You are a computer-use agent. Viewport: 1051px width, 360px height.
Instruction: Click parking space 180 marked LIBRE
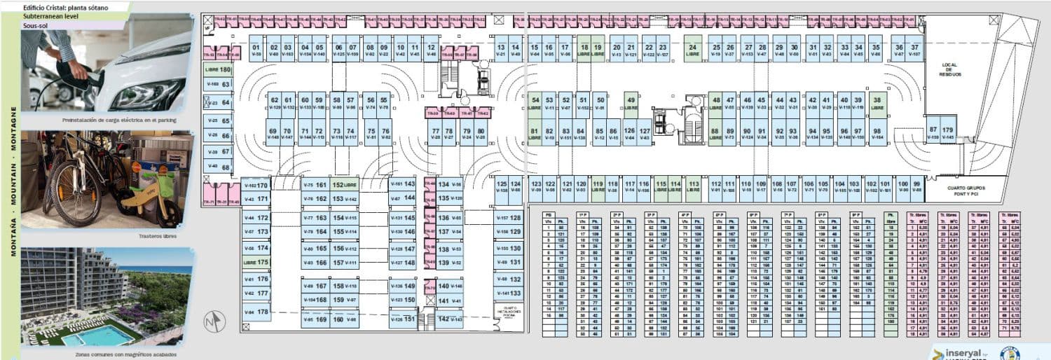[x=218, y=70]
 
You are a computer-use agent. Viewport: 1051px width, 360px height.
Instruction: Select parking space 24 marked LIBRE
[x=693, y=48]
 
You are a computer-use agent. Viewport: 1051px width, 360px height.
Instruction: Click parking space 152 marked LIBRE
[x=345, y=185]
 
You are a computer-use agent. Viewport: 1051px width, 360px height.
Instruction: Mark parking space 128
[x=508, y=219]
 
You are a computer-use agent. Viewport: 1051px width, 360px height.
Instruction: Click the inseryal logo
[x=966, y=354]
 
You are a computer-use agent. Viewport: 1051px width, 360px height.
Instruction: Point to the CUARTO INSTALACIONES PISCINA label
[x=511, y=312]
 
